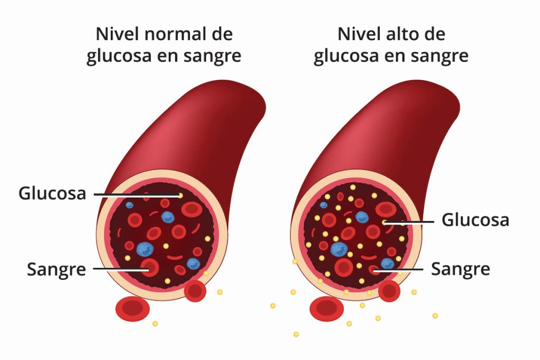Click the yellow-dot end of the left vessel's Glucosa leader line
pos(180,195)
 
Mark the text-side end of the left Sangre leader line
pos(94,269)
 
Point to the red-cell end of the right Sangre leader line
pos(374,270)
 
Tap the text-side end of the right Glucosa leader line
pos(433,222)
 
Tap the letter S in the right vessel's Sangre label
pos(436,269)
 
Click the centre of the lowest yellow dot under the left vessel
pos(155,324)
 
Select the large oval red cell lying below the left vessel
pos(132,308)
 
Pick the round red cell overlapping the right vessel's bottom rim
pos(389,291)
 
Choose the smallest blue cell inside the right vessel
pos(323,205)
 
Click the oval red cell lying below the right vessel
pos(327,309)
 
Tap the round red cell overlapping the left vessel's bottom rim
pos(195,291)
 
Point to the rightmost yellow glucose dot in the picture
pos(435,316)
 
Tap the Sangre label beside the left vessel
pos(56,269)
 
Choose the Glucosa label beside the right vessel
pos(475,220)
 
